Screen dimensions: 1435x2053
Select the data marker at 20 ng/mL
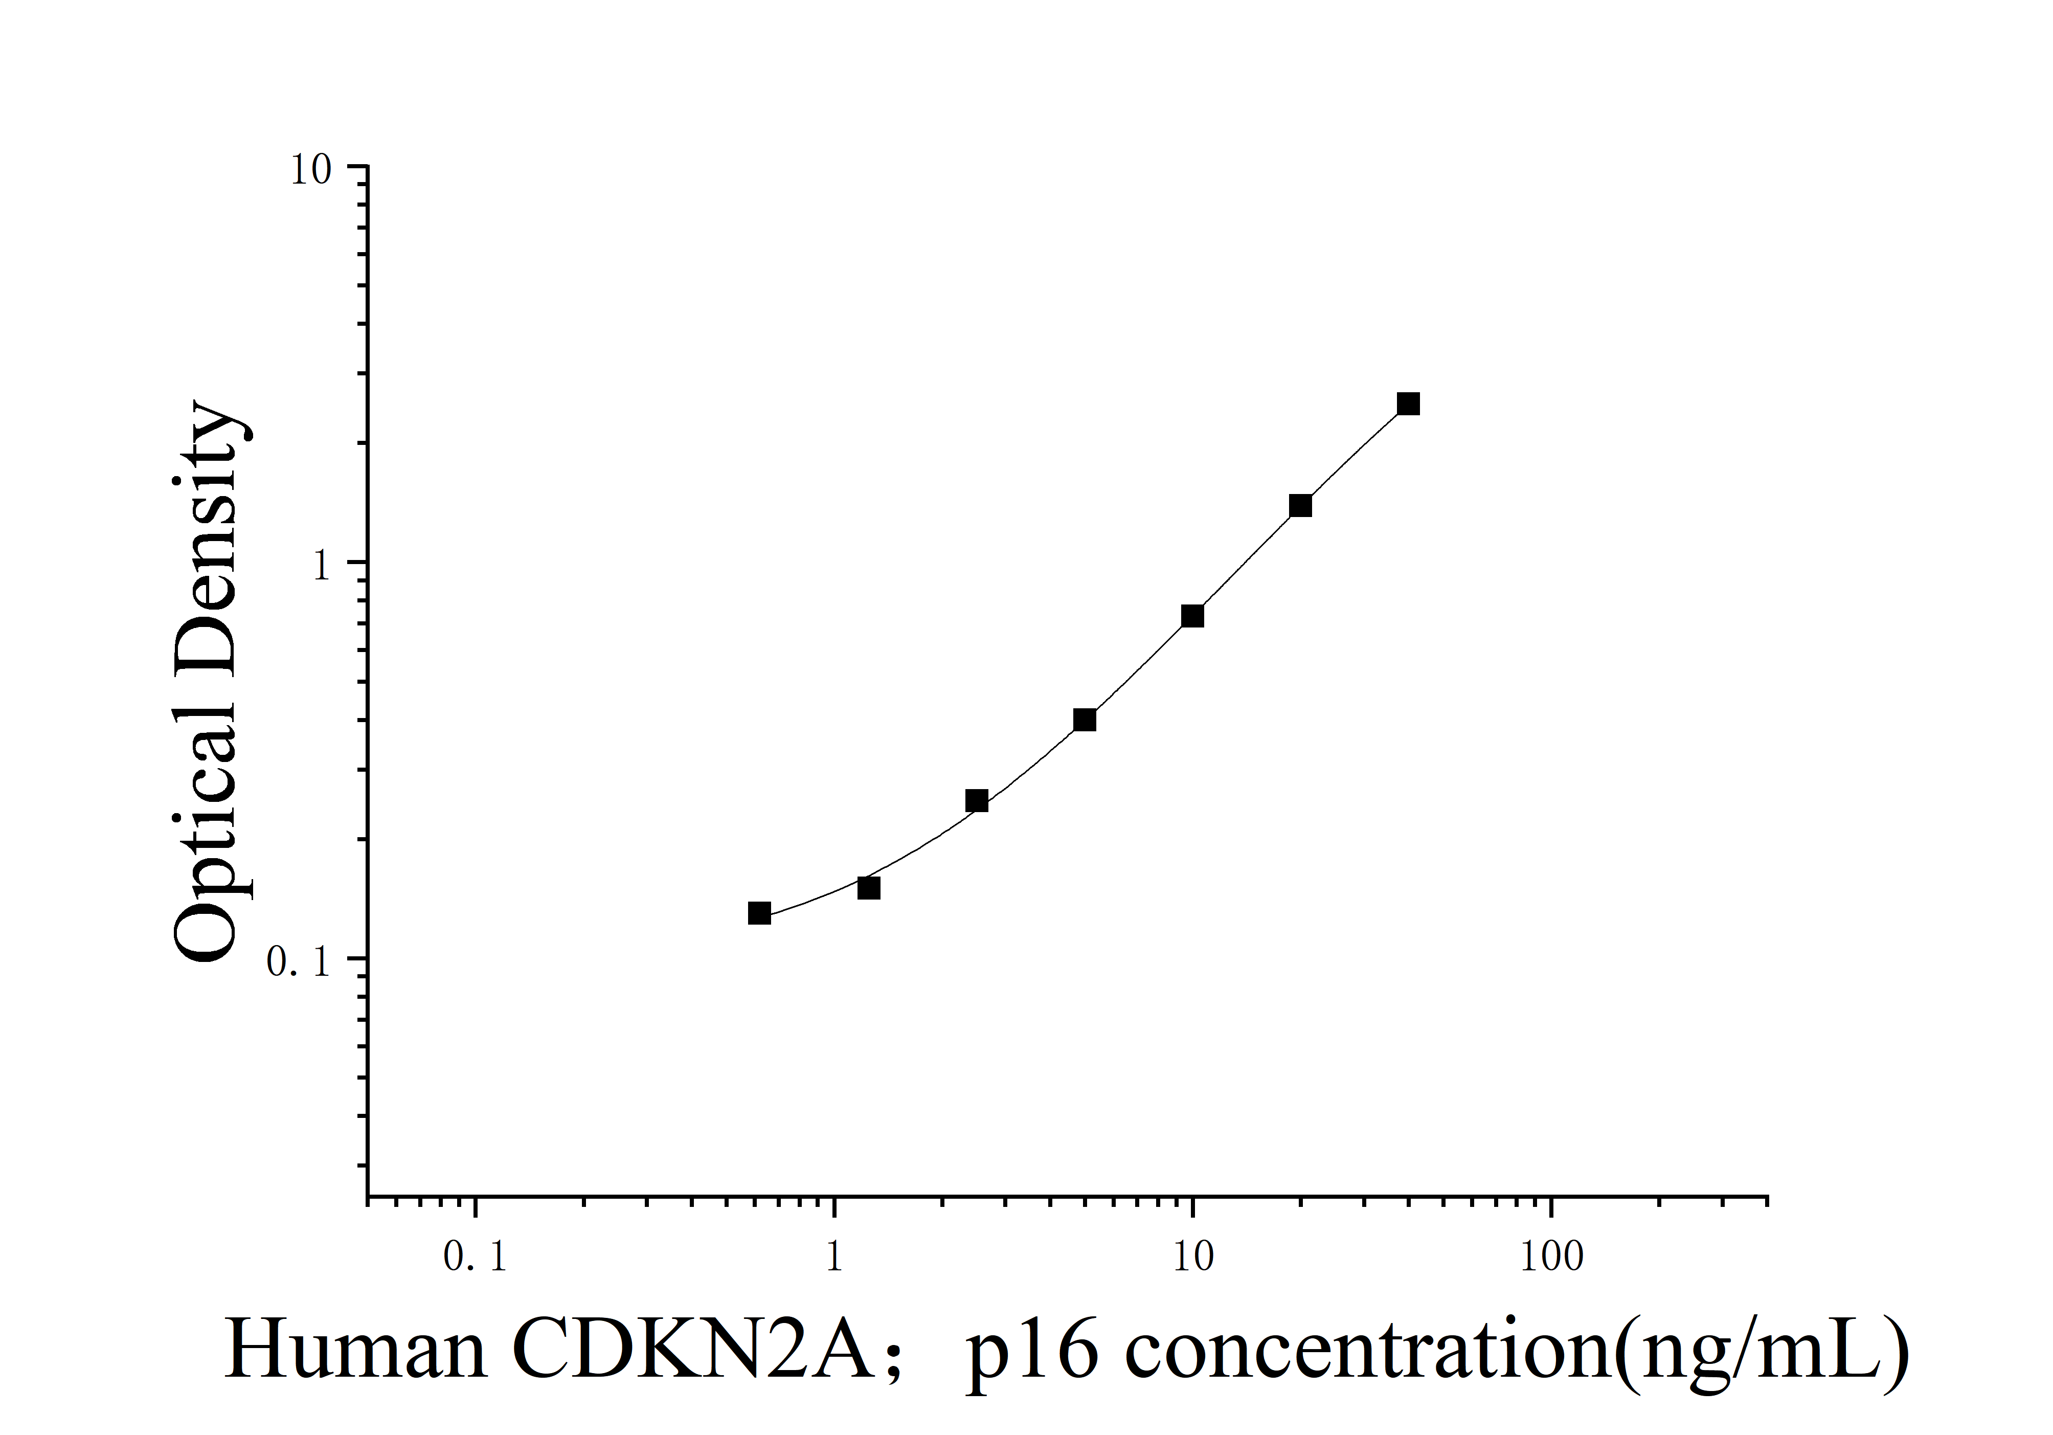[1300, 506]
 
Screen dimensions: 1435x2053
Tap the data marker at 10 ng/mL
[1192, 616]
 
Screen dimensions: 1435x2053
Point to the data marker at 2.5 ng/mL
[977, 801]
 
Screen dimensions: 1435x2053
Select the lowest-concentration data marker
[759, 913]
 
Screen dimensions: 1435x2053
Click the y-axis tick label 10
[310, 170]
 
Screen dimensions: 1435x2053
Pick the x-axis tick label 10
[1192, 1257]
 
